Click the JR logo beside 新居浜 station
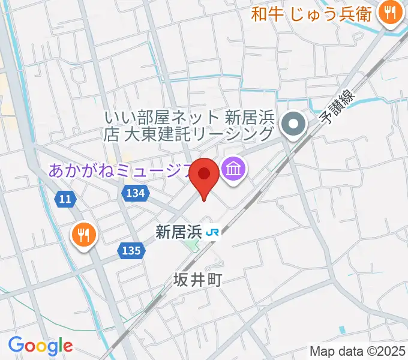[x=212, y=232]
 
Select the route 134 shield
[x=136, y=192]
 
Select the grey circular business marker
[x=294, y=125]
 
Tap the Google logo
[x=40, y=346]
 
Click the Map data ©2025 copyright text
[x=357, y=351]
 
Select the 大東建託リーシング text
[x=198, y=133]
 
